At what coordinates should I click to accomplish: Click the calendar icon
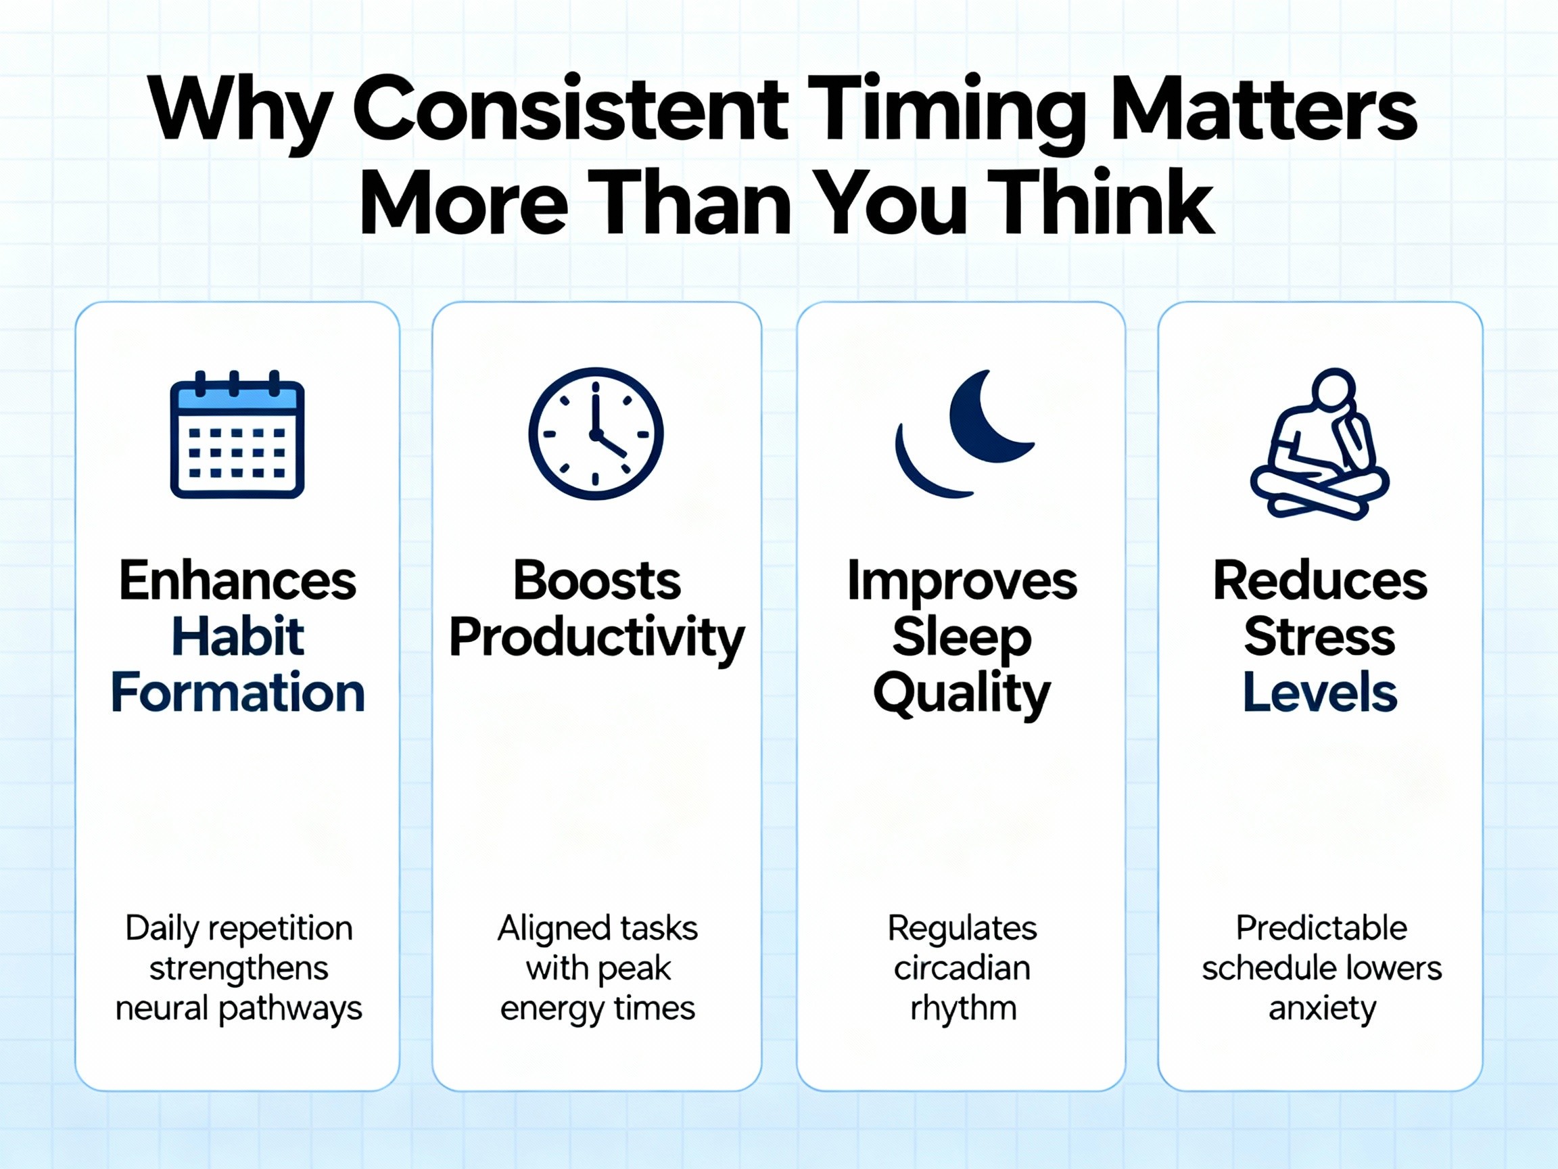pyautogui.click(x=237, y=435)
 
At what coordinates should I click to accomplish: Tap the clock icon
pyautogui.click(x=596, y=434)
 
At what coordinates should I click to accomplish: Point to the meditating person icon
pyautogui.click(x=1320, y=445)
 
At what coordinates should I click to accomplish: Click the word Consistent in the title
pyautogui.click(x=571, y=111)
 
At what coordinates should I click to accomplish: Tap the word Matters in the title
pyautogui.click(x=1265, y=111)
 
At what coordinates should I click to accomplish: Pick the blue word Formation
pyautogui.click(x=237, y=693)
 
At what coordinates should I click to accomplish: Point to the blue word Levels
pyautogui.click(x=1320, y=693)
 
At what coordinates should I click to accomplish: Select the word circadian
pyautogui.click(x=962, y=968)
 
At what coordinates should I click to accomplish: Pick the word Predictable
pyautogui.click(x=1321, y=928)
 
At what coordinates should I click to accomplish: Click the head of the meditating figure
pyautogui.click(x=1333, y=388)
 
